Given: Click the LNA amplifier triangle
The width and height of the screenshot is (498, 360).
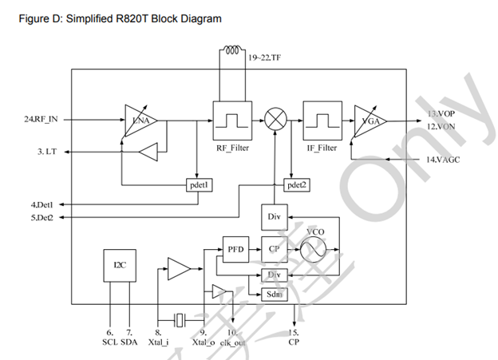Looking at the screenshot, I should pyautogui.click(x=138, y=120).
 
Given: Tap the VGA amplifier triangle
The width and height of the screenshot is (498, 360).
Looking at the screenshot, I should pyautogui.click(x=368, y=121).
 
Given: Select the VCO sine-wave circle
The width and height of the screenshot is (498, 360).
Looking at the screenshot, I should pyautogui.click(x=314, y=249).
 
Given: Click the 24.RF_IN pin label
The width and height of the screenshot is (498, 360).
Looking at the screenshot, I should pyautogui.click(x=41, y=120).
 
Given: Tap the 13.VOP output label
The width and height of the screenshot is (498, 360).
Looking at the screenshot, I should pyautogui.click(x=440, y=113).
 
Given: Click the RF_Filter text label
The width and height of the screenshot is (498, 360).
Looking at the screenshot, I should pyautogui.click(x=234, y=148).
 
